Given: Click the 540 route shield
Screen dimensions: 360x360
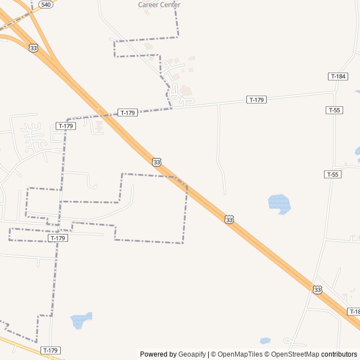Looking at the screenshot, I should [x=46, y=4].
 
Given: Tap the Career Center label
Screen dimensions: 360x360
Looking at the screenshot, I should [x=159, y=5].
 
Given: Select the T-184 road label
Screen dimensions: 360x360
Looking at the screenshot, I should [x=337, y=76].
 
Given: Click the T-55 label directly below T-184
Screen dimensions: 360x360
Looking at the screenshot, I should [x=334, y=110].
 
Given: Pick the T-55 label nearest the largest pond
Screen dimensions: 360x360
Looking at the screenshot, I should [x=332, y=174].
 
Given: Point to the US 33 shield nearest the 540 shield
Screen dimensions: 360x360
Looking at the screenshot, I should [x=34, y=48].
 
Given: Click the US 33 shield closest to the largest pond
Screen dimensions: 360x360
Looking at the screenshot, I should [x=229, y=219].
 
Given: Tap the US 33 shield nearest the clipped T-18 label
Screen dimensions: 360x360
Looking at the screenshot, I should [x=318, y=290].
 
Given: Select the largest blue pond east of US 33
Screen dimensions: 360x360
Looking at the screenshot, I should [x=279, y=203].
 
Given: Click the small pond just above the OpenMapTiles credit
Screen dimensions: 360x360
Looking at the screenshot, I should [x=265, y=340].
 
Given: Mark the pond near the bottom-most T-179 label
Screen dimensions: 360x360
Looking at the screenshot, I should [x=80, y=320].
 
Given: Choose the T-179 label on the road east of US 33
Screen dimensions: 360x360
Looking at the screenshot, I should [x=256, y=100].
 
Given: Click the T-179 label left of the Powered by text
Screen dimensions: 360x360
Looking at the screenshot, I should [x=50, y=350].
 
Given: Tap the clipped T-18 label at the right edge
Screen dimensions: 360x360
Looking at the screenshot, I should [x=354, y=312].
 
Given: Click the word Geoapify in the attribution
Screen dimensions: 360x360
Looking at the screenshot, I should [x=192, y=354].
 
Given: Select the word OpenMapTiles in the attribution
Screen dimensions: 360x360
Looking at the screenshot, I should [x=240, y=354].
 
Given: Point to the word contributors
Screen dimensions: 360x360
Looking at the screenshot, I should [x=339, y=354].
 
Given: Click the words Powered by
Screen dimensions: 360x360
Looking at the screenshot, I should [x=158, y=354].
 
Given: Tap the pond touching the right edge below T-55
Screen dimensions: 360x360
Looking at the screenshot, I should [x=357, y=151].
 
